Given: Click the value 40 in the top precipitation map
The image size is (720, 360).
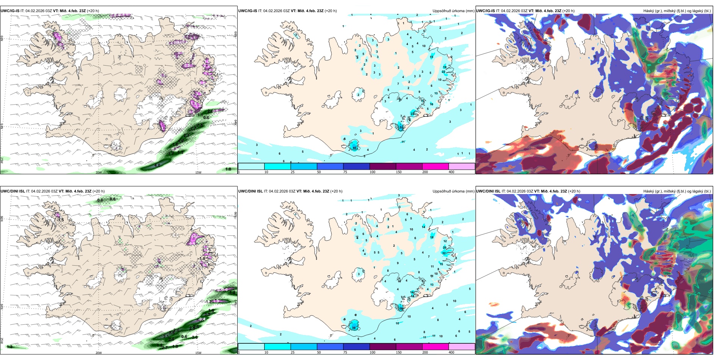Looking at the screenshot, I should point(355,147).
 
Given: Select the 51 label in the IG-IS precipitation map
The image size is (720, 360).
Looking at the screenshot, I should point(401,128).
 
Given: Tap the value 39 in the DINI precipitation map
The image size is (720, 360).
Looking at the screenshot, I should point(354,328).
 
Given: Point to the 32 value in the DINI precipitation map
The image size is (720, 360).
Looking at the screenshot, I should point(444,253).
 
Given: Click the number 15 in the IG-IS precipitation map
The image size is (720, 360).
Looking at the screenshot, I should point(432,57).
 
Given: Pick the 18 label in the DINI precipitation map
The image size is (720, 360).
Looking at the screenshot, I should point(432,237).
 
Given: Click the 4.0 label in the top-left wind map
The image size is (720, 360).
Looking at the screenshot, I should point(157,165).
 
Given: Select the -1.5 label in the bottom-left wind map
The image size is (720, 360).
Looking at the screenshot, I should point(61,220).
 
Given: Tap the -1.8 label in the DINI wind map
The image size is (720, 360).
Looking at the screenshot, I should point(202,259).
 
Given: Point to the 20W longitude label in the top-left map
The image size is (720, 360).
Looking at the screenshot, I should point(99,172).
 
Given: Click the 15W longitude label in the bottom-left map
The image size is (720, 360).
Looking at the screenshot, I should point(198,353).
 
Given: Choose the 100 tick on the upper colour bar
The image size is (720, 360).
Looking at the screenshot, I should point(373,172).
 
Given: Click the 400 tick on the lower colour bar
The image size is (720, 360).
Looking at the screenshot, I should point(451,352).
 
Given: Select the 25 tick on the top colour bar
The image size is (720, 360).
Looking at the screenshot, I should point(293,172).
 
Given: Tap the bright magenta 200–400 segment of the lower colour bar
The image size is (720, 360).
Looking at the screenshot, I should point(435,346).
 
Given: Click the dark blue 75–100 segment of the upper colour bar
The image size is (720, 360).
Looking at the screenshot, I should point(356,166).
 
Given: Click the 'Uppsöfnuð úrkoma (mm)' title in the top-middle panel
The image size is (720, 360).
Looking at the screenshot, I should point(453,11).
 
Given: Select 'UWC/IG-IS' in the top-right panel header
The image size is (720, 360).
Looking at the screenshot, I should point(485,11).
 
